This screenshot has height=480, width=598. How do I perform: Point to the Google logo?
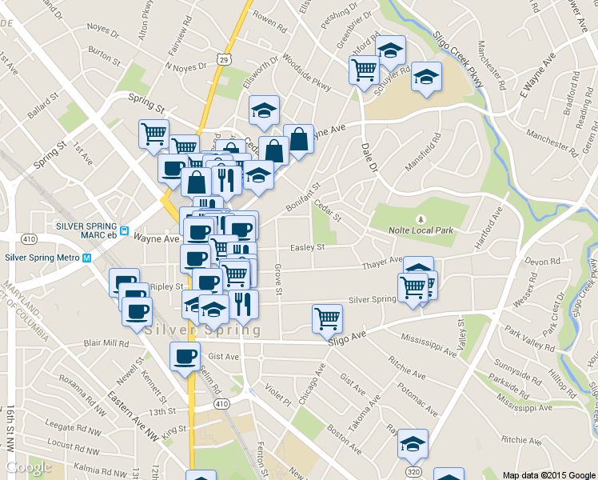(29, 468)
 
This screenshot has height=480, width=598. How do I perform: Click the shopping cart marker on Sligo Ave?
(327, 318)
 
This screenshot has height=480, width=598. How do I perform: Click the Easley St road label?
(307, 248)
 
